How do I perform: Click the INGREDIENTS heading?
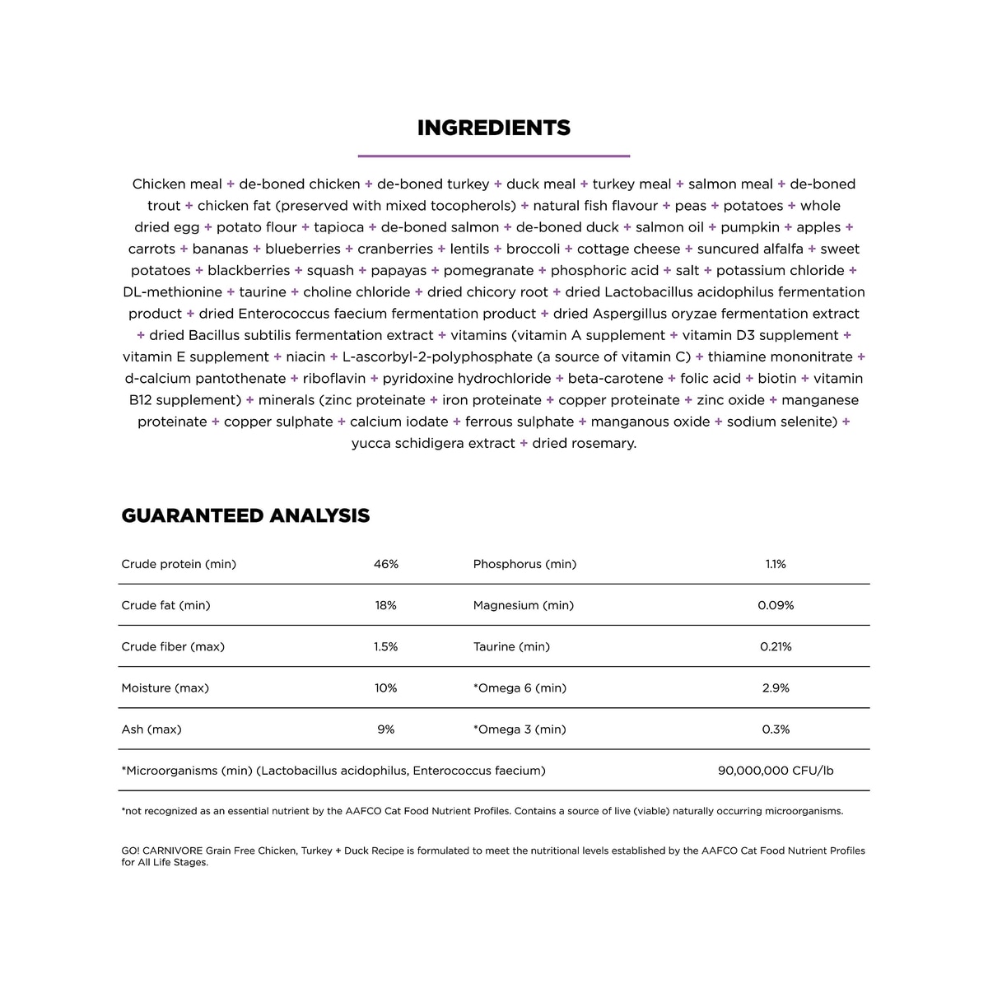pyautogui.click(x=493, y=128)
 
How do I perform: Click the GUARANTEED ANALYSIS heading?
pyautogui.click(x=245, y=515)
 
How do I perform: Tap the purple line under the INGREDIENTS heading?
pyautogui.click(x=493, y=155)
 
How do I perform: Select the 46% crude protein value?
pyautogui.click(x=385, y=564)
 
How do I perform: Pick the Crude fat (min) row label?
pyautogui.click(x=165, y=605)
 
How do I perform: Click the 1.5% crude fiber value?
pyautogui.click(x=385, y=646)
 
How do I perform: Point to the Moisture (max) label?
pyautogui.click(x=165, y=687)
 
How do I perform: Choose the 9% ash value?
pyautogui.click(x=385, y=729)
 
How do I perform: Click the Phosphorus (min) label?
pyautogui.click(x=524, y=564)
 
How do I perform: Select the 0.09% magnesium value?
pyautogui.click(x=776, y=605)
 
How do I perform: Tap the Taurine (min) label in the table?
pyautogui.click(x=511, y=646)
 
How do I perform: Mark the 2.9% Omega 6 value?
pyautogui.click(x=776, y=687)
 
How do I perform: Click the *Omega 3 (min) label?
pyautogui.click(x=520, y=729)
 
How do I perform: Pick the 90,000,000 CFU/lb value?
pyautogui.click(x=776, y=771)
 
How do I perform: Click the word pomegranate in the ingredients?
pyautogui.click(x=488, y=270)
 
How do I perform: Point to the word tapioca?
pyautogui.click(x=338, y=227)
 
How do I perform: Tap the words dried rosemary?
pyautogui.click(x=584, y=443)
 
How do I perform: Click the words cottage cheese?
pyautogui.click(x=628, y=249)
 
